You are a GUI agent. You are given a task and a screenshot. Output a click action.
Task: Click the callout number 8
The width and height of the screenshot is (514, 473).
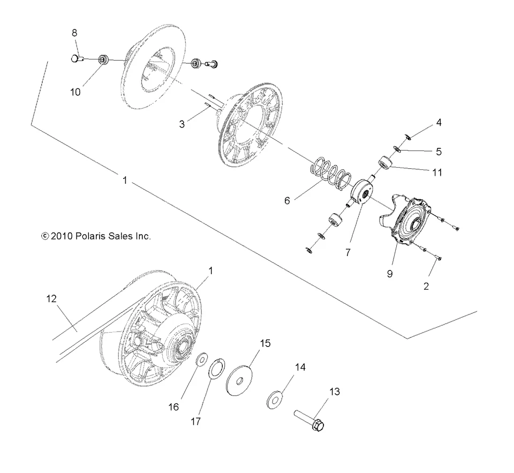point(75,33)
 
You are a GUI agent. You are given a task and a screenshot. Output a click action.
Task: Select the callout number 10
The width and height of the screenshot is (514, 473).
point(75,92)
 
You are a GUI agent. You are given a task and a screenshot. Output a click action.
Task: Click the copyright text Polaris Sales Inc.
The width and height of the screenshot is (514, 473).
point(96,235)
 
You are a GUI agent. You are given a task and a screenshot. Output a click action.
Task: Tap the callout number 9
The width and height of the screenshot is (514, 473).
point(390,273)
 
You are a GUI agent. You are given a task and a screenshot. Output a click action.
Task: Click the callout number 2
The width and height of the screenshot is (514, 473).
point(426,286)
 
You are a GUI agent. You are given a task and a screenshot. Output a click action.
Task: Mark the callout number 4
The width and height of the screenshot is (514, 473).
point(439,123)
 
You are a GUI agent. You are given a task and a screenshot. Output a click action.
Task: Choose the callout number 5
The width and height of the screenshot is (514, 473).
point(439,152)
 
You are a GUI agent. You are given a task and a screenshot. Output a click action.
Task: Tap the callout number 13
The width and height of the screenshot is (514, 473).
point(334,392)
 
